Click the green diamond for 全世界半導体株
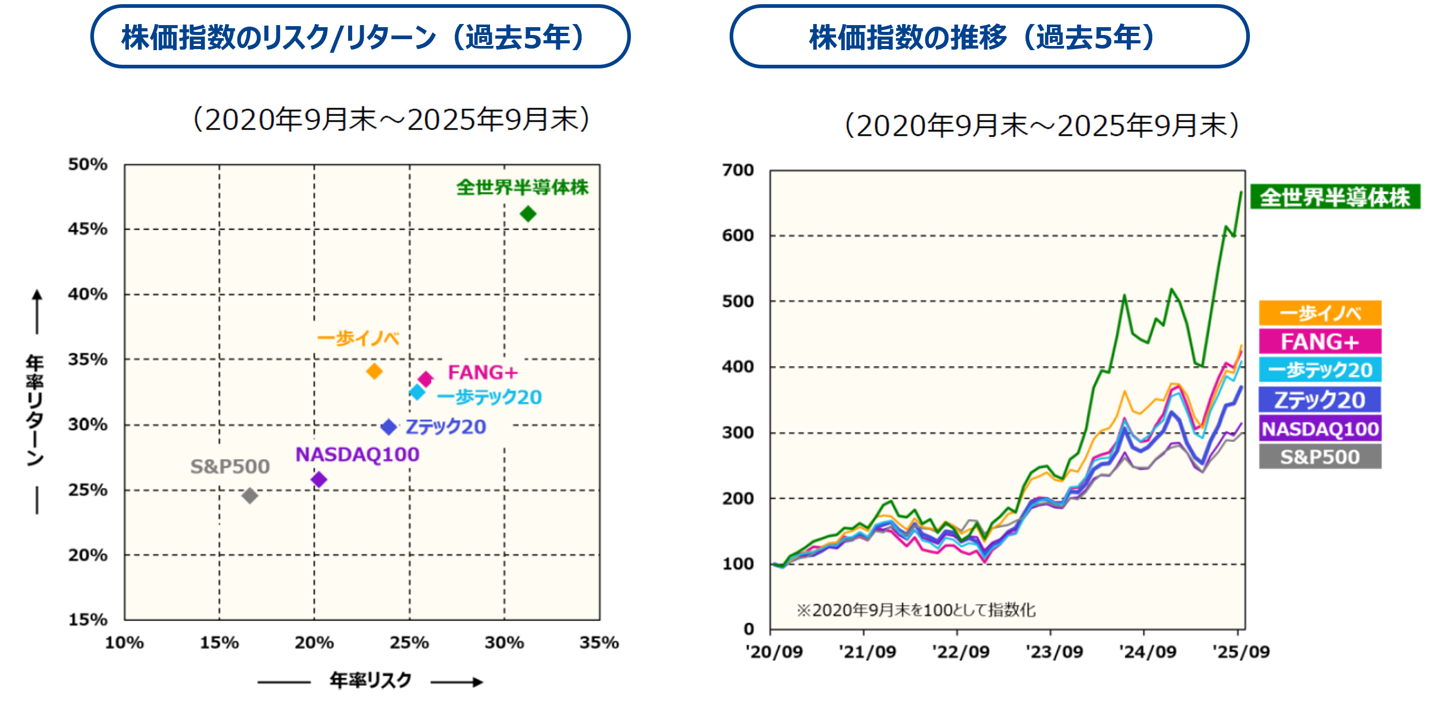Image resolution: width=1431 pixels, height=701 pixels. point(528,214)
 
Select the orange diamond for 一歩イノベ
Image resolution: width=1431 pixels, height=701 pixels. point(374,371)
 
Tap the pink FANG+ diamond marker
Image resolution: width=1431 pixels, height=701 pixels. point(425,379)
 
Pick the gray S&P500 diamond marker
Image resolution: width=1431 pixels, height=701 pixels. point(250,495)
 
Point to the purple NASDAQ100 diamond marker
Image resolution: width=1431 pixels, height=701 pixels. point(319,479)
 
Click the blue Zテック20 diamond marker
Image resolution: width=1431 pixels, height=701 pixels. point(389,427)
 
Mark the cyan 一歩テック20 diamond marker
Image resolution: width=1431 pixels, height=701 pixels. point(417,392)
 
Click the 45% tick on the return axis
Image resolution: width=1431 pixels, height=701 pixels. point(88,228)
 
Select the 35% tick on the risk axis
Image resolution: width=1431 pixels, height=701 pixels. point(599,642)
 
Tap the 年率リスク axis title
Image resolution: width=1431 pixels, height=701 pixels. point(371,680)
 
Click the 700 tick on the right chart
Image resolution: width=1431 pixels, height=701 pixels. point(738,170)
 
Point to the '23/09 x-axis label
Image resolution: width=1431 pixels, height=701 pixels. point(1054,651)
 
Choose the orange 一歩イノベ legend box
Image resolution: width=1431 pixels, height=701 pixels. point(1320,313)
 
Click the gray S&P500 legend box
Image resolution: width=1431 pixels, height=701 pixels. point(1320,457)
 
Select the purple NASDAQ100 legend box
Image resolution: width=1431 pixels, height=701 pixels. point(1320,429)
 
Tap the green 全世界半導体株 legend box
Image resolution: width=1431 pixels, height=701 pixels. point(1334,197)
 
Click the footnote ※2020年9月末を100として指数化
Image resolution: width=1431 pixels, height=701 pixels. point(915,610)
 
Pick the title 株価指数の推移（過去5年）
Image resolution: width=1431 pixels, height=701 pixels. point(989,37)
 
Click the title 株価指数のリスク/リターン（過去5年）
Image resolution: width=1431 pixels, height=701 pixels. point(360,37)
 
